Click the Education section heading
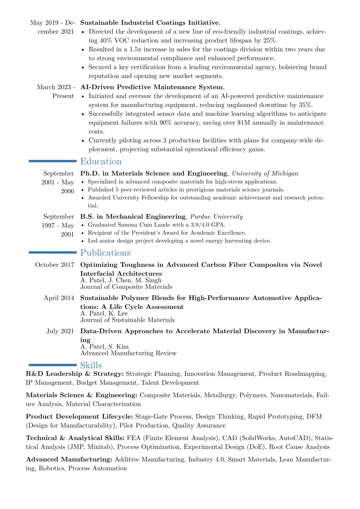(101, 162)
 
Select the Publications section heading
(105, 253)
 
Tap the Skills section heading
(91, 365)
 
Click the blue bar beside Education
(53, 162)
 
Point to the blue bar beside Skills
(53, 365)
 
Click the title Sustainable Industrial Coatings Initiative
(149, 23)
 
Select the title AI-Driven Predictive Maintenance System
(151, 87)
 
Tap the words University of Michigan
(265, 173)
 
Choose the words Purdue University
(216, 217)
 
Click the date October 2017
(54, 265)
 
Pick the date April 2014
(59, 298)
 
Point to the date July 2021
(60, 331)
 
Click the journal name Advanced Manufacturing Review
(128, 353)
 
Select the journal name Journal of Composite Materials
(126, 287)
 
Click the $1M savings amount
(245, 123)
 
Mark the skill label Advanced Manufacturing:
(69, 459)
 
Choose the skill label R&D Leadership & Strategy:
(75, 374)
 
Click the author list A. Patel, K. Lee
(104, 314)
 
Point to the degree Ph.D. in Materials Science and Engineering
(153, 173)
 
